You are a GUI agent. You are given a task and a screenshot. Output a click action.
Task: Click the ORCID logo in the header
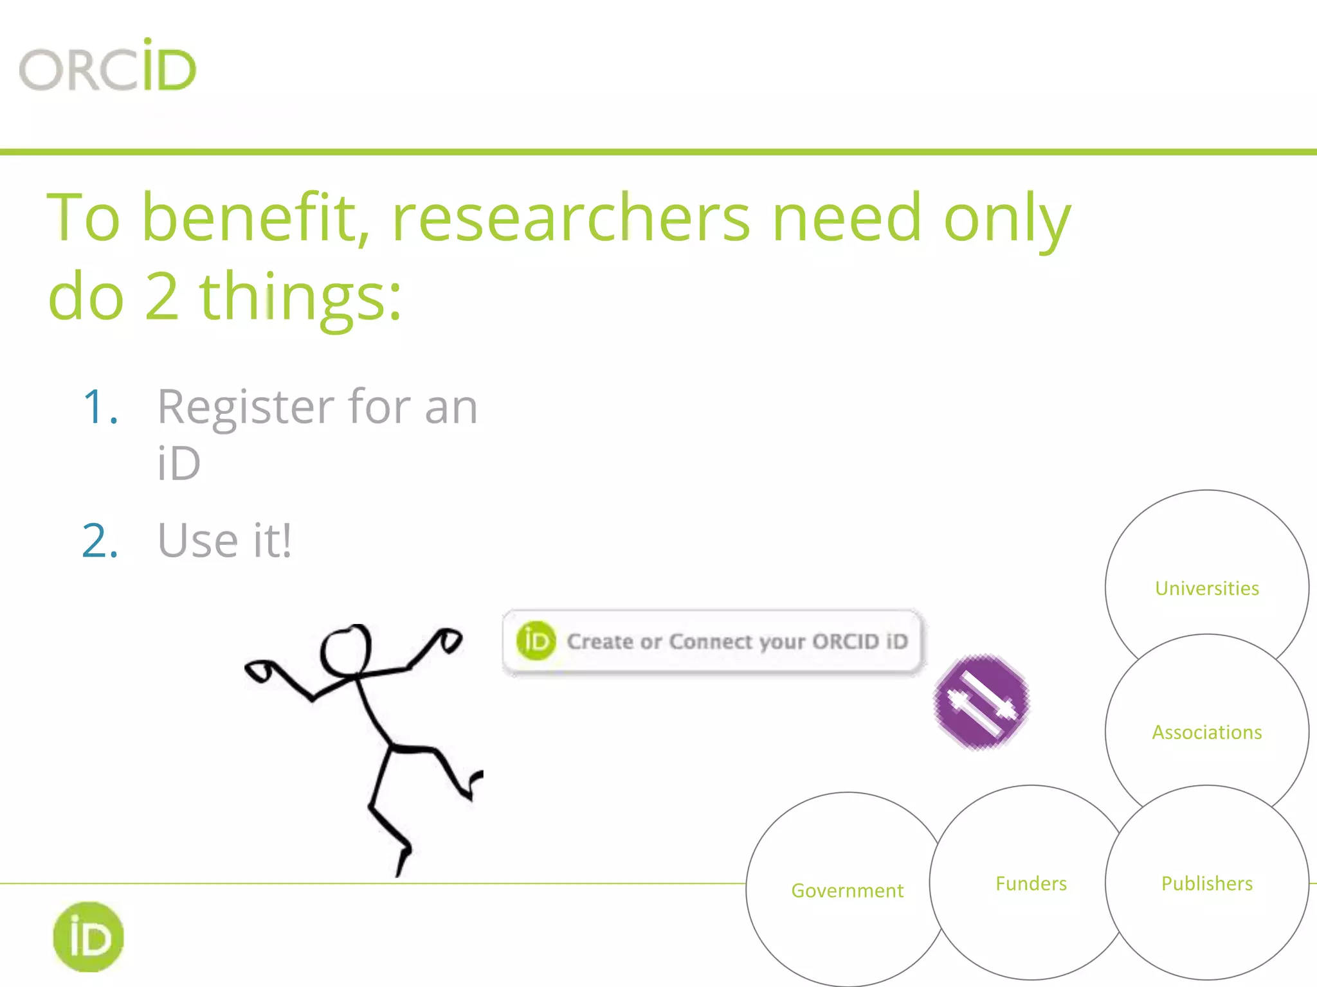107,66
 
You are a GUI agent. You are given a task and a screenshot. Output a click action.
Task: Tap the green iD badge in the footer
88,937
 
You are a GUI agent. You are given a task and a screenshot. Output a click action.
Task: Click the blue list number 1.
100,407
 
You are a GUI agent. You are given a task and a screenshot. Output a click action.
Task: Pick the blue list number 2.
100,540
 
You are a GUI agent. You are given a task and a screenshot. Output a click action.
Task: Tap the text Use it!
224,540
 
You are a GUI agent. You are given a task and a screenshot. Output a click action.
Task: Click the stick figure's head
346,650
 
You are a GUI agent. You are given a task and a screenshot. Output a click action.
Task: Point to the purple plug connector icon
981,701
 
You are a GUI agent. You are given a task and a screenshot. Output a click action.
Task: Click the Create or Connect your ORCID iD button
713,641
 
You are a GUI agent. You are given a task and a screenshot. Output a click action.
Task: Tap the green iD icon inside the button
536,641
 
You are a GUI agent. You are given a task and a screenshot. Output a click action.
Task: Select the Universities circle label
1206,588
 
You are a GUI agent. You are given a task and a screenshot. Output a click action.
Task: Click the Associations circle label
1206,732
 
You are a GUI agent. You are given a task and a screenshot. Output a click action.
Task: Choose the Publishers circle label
1206,884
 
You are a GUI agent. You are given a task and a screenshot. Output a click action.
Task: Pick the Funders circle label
1031,884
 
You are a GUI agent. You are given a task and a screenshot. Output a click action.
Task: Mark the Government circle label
847,891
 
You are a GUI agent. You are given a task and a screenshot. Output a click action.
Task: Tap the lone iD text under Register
179,463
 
